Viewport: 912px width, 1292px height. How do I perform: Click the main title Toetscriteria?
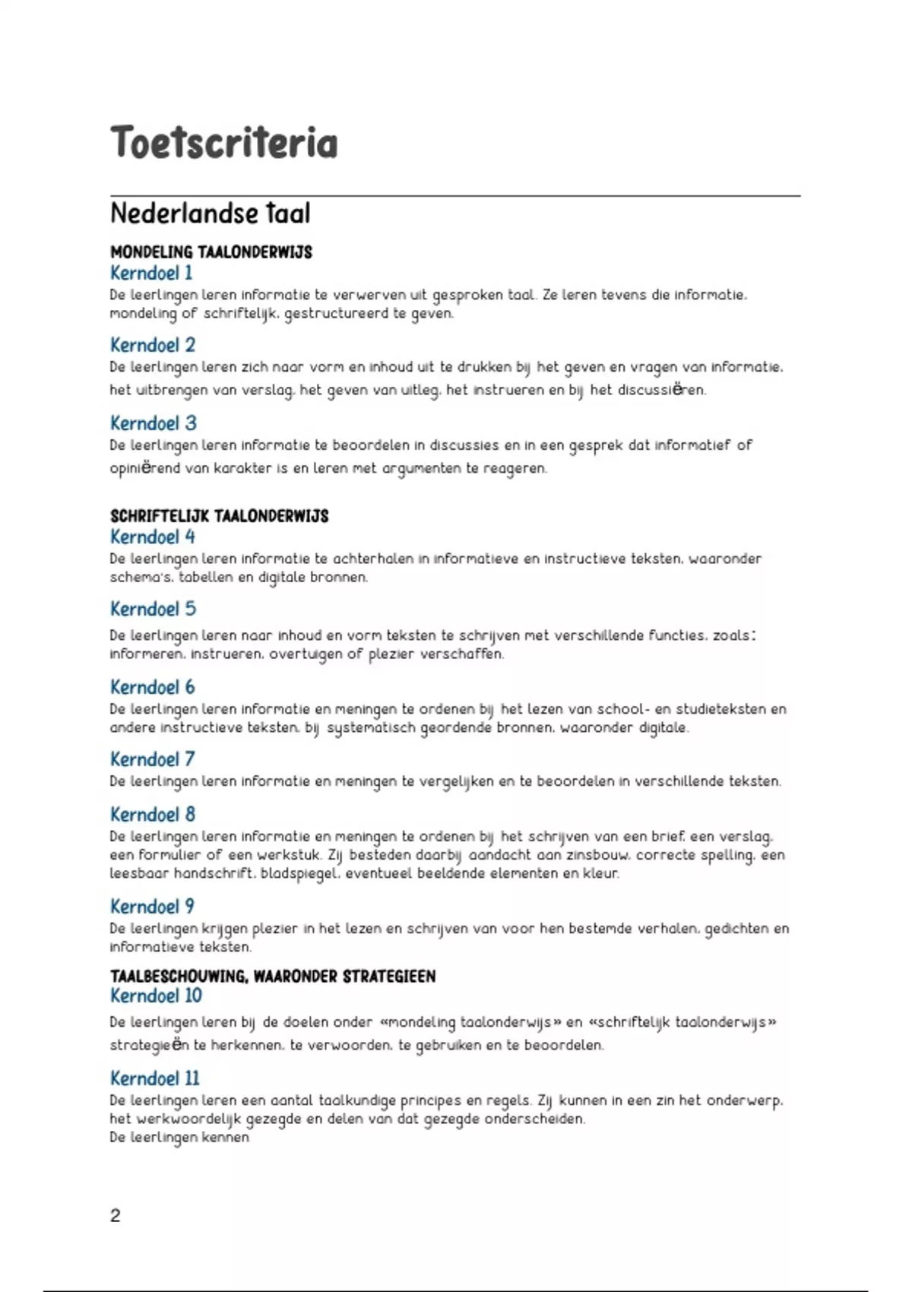223,144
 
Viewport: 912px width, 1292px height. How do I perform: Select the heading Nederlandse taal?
210,214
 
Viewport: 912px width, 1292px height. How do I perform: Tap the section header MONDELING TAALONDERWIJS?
211,252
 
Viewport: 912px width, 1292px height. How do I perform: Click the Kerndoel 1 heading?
151,273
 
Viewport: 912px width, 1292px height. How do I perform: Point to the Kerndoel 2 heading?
153,345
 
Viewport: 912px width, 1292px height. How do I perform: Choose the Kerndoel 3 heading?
154,423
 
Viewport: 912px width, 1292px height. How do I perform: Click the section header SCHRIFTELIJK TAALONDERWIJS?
219,517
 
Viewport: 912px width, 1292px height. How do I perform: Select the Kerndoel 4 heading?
153,537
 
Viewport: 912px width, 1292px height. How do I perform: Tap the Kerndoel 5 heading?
153,610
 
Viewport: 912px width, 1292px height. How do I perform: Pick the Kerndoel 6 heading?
153,688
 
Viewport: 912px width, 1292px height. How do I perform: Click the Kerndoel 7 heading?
153,759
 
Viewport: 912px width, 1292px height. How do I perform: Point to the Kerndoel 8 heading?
153,815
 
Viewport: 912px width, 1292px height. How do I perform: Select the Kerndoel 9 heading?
153,907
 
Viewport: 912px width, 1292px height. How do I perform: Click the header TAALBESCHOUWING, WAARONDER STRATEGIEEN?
273,977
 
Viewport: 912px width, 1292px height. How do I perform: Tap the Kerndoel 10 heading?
156,996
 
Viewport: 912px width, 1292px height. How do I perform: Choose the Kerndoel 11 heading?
155,1078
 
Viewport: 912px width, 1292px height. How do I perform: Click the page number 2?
116,1216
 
